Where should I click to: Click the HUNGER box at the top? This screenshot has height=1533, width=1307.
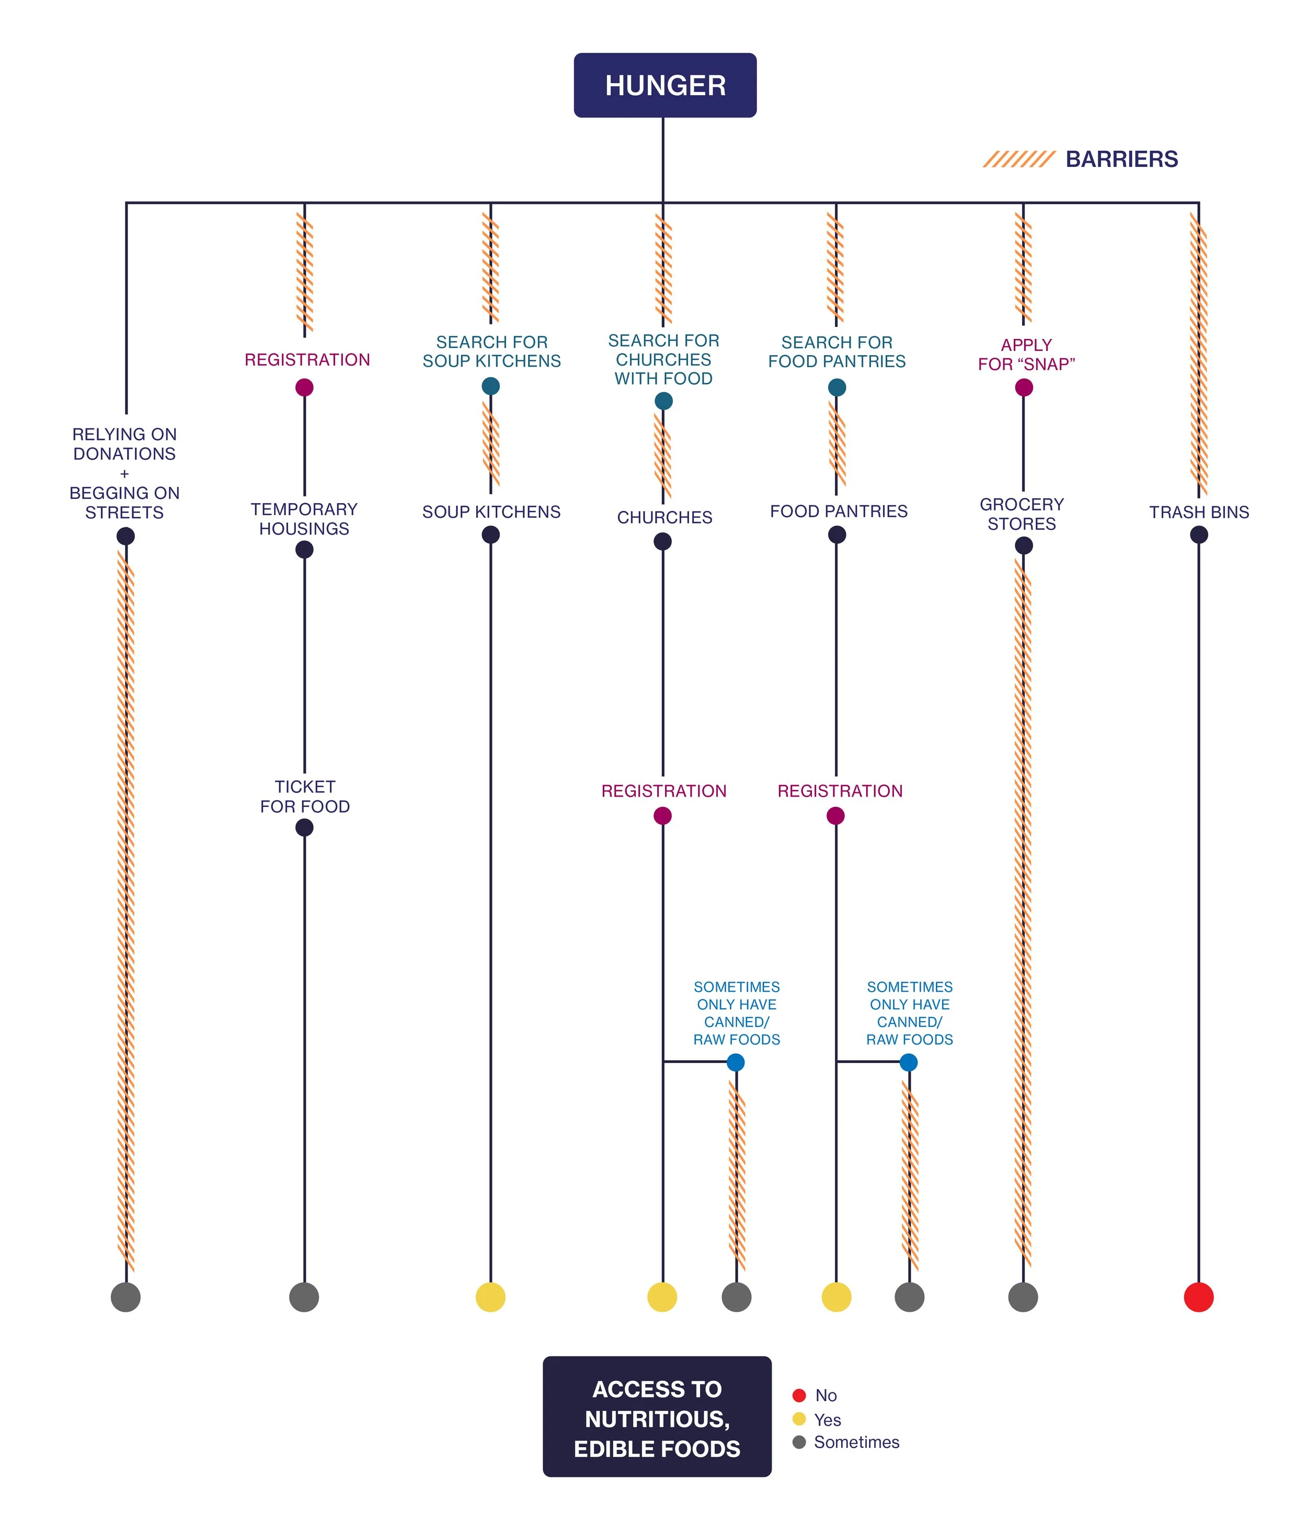665,85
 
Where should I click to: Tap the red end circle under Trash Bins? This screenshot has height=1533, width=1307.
1198,1297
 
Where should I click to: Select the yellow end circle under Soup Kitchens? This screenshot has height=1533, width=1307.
490,1297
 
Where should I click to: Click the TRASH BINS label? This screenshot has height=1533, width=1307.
1198,512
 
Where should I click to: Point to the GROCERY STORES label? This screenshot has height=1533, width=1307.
1022,514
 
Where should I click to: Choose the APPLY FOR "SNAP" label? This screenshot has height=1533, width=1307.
1026,355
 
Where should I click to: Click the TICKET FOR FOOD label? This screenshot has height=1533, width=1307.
305,796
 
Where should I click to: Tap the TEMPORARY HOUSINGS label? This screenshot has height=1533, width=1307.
304,519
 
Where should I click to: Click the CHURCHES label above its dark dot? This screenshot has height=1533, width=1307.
664,517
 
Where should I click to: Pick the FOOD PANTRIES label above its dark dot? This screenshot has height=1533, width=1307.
838,511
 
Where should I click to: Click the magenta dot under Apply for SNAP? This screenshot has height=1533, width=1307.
1024,388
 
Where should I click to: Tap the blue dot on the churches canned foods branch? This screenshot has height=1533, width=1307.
735,1062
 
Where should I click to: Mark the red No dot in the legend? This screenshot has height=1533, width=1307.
799,1395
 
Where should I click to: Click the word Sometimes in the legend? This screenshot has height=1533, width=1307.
856,1442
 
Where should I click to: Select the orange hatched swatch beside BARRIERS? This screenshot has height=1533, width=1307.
1018,159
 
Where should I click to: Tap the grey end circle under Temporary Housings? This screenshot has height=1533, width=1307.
304,1297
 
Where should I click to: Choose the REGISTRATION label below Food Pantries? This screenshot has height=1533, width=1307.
840,791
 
